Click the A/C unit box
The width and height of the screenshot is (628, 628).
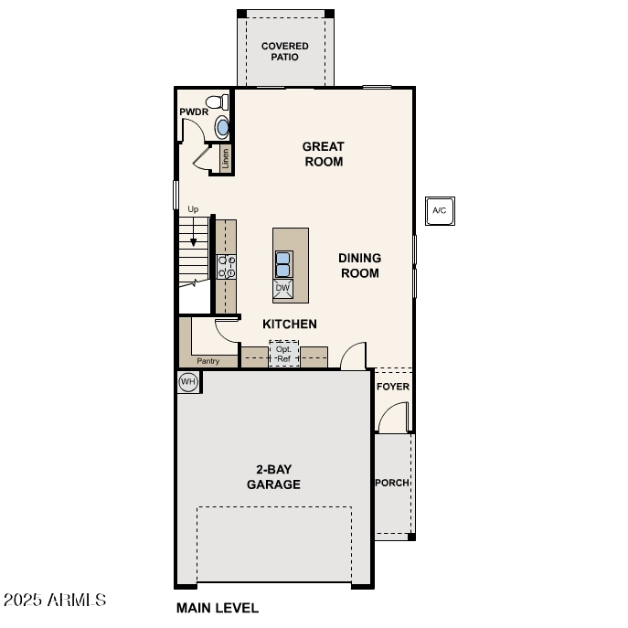tap(439, 210)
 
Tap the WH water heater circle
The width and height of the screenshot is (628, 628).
tap(188, 382)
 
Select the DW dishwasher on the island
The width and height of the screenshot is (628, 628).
tap(283, 289)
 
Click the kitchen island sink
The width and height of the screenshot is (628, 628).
tap(283, 264)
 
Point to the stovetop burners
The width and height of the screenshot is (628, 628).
tap(226, 266)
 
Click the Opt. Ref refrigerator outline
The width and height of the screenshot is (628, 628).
tap(284, 354)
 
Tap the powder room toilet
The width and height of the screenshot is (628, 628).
tap(216, 101)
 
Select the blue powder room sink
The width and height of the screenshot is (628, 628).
tap(222, 127)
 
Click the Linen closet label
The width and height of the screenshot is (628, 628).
tap(225, 159)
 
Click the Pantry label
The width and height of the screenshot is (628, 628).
tap(208, 361)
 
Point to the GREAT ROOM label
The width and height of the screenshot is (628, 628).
tap(323, 154)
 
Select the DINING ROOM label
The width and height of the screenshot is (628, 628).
tap(359, 265)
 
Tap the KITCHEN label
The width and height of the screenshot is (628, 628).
tap(290, 324)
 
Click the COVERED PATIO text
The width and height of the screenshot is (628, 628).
tap(285, 51)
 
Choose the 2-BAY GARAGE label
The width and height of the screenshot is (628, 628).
tap(273, 477)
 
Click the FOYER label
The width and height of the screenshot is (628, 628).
tap(393, 387)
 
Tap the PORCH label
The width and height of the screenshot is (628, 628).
tap(392, 483)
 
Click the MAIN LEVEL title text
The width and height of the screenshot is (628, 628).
tap(218, 607)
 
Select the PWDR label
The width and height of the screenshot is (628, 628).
tap(193, 112)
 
